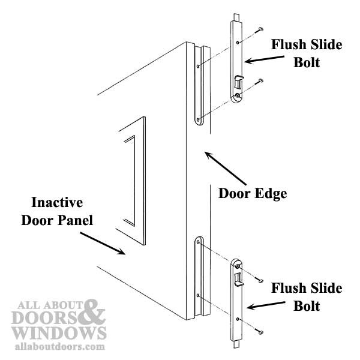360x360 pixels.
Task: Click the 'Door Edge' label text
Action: (x=253, y=193)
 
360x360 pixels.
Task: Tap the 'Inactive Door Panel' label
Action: (x=57, y=211)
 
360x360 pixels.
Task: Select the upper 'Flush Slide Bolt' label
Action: (x=307, y=53)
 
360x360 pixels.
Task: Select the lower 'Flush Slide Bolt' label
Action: (x=307, y=296)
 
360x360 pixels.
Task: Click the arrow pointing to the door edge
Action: (x=226, y=168)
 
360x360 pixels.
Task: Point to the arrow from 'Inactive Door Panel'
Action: (x=103, y=244)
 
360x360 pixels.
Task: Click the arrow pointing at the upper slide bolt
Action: (x=264, y=59)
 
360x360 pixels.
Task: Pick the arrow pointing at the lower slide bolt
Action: (x=266, y=305)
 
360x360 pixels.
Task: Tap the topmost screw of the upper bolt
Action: (x=260, y=29)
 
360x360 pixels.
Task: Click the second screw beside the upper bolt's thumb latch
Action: (x=260, y=80)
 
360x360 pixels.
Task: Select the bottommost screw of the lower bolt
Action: (x=260, y=332)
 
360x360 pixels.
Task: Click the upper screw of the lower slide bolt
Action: (x=260, y=280)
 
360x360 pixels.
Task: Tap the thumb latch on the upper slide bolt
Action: (x=238, y=82)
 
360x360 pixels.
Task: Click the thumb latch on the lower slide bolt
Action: (x=239, y=279)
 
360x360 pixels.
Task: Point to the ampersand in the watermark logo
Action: (x=91, y=312)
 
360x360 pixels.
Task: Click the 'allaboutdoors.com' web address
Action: (x=60, y=347)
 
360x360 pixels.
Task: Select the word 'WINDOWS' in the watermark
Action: (x=59, y=333)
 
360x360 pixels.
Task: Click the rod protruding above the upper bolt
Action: (x=236, y=17)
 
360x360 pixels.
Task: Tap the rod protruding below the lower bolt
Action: (x=236, y=344)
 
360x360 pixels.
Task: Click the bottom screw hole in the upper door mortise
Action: (x=198, y=119)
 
